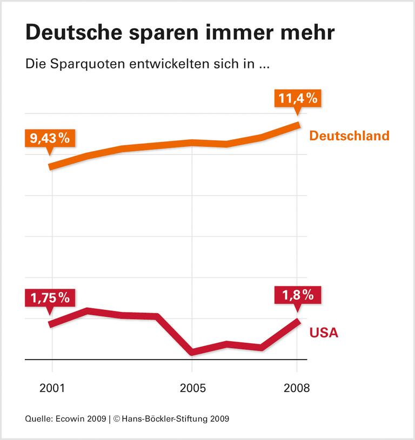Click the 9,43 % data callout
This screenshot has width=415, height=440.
point(50,138)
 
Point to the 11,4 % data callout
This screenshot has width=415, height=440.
point(297,98)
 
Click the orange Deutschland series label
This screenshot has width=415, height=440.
point(349,136)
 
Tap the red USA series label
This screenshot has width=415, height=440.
point(324,333)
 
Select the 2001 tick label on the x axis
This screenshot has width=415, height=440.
point(52,388)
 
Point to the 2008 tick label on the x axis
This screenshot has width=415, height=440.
point(297,388)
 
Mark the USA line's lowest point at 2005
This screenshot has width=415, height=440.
point(192,352)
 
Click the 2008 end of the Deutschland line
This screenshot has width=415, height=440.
point(298,125)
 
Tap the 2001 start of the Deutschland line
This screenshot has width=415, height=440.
point(51,167)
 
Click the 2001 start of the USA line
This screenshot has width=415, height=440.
point(51,324)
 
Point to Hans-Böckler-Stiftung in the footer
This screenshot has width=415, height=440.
point(165,418)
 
